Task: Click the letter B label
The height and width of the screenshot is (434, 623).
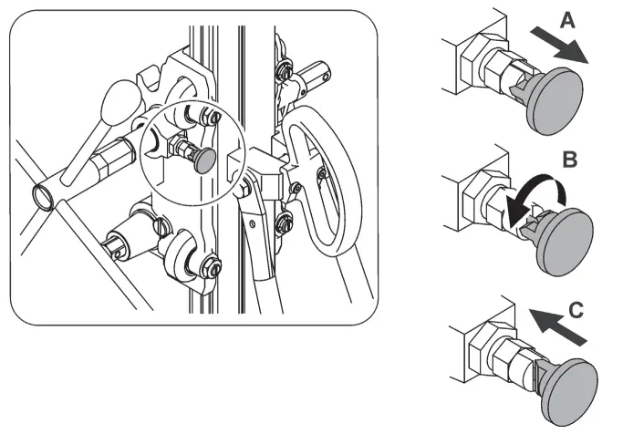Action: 568,161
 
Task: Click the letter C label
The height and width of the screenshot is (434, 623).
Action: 575,310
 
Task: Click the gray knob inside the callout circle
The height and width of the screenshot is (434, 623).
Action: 205,160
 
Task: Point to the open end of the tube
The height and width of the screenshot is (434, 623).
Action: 43,193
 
